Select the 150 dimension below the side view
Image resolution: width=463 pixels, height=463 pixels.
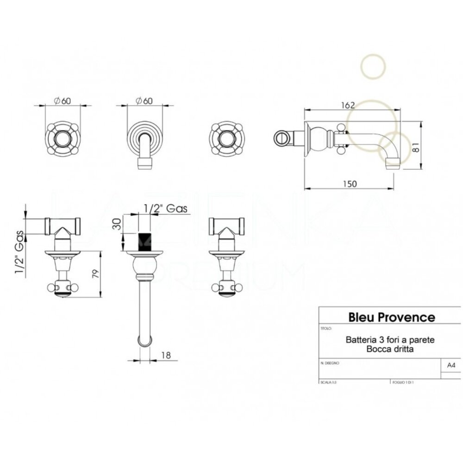(350, 184)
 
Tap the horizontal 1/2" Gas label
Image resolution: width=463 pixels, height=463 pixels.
(165, 209)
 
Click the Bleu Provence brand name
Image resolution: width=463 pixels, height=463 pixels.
(391, 317)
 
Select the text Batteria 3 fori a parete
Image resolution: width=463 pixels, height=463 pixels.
(390, 340)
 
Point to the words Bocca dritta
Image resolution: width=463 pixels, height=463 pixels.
(390, 349)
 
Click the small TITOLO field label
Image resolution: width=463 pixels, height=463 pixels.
(326, 328)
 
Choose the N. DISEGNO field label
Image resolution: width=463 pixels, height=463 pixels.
(330, 363)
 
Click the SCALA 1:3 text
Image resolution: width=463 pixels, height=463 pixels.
(328, 383)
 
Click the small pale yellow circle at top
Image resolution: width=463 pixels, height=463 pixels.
(373, 66)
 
